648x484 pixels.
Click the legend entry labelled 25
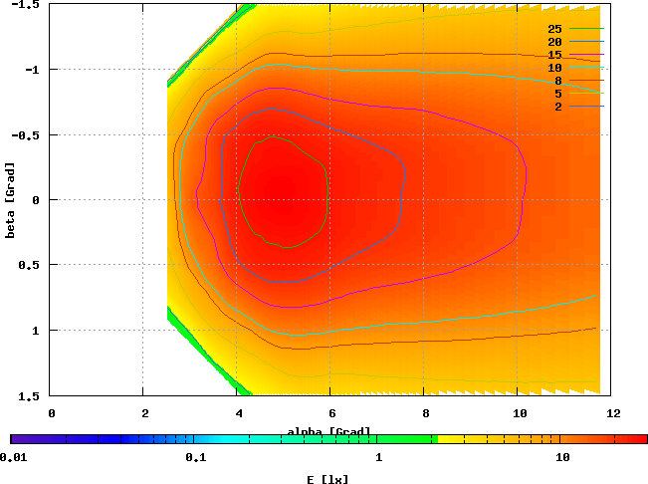(555, 29)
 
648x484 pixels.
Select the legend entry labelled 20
(555, 42)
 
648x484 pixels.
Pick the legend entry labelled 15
(555, 55)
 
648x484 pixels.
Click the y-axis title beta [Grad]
(10, 199)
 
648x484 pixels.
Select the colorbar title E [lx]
(327, 478)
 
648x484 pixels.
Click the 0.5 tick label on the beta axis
(27, 265)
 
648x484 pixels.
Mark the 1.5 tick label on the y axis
(27, 395)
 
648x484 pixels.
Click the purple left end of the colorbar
(15, 438)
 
